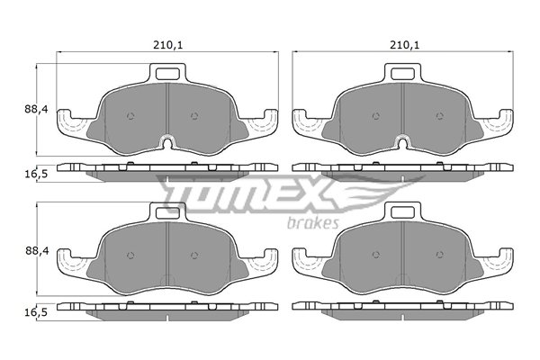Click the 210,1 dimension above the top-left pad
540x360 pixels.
[x=167, y=45]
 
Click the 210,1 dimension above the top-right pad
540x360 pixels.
[x=405, y=45]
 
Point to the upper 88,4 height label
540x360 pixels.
[x=36, y=109]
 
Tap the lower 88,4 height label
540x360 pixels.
[x=37, y=251]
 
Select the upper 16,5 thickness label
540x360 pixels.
[x=36, y=174]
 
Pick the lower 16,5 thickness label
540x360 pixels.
[x=36, y=312]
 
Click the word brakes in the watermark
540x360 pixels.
[x=312, y=223]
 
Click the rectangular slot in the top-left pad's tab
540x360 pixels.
[x=167, y=74]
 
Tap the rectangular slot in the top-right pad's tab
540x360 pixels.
[x=402, y=74]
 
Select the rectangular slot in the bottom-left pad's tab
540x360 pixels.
[x=167, y=212]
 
